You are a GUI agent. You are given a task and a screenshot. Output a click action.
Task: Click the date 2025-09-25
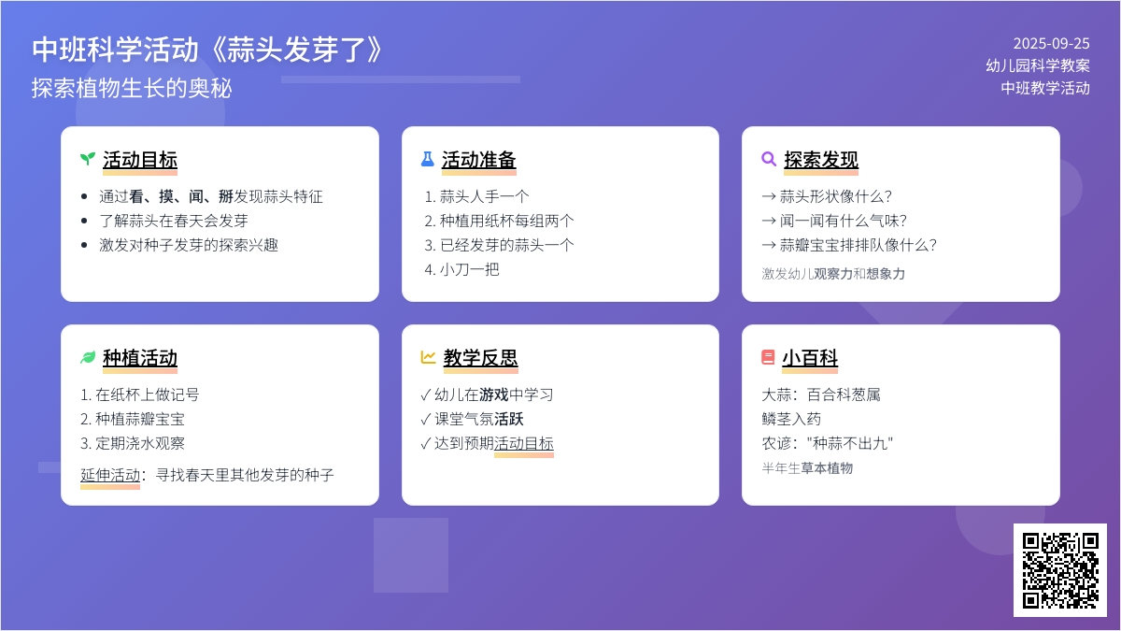[x=1052, y=44]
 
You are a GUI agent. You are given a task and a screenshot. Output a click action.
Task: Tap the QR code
[x=1060, y=570]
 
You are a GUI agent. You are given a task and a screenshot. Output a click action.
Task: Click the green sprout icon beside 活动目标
[x=88, y=159]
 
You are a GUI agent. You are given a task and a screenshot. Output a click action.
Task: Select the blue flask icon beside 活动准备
[x=428, y=159]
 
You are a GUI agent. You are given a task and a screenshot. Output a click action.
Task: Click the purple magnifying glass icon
[x=769, y=159]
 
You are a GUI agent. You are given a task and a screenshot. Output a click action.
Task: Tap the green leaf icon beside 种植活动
[x=88, y=357]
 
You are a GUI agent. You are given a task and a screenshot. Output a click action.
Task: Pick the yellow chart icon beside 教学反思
[x=428, y=357]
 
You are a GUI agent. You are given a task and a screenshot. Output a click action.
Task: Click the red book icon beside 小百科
[x=768, y=357]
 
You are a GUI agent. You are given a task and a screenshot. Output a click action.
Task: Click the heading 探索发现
[x=821, y=160]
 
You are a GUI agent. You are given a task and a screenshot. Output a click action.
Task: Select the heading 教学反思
[x=480, y=358]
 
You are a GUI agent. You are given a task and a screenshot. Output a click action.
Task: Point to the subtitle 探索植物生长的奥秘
[x=132, y=88]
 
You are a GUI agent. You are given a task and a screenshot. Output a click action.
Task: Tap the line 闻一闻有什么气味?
[x=844, y=221]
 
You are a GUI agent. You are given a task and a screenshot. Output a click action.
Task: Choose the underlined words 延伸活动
[x=110, y=475]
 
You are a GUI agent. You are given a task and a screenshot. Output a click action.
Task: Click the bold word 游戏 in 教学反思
[x=494, y=394]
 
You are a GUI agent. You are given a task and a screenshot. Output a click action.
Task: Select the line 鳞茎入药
[x=791, y=419]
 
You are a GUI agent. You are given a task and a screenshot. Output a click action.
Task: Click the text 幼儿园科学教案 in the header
[x=1038, y=65]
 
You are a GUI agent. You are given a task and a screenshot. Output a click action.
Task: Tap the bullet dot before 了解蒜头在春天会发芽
[x=84, y=221]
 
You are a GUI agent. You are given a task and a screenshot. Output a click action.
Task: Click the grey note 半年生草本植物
[x=807, y=468]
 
